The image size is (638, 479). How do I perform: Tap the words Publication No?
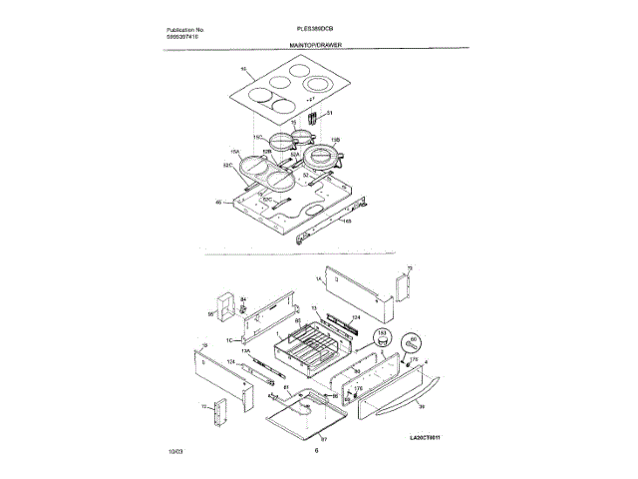pos(185,31)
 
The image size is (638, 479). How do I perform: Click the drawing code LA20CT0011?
pos(426,437)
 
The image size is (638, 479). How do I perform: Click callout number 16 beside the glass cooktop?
pos(243,69)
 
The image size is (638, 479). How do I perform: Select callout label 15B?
pos(335,141)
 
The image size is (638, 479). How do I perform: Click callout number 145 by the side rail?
pos(347,222)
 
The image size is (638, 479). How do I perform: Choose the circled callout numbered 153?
pos(381,333)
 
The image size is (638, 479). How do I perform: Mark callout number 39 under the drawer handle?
pos(421,406)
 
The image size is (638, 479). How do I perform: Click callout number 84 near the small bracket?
pos(244,297)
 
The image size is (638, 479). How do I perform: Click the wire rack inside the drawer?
pos(310,348)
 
